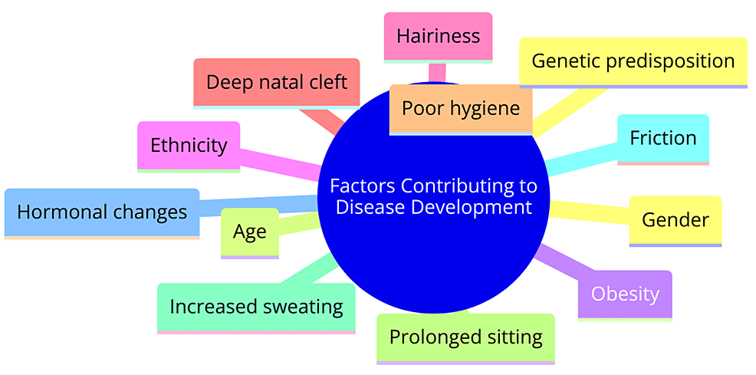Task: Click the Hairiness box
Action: [x=438, y=38]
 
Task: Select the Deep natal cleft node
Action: [x=277, y=83]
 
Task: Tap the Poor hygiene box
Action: [x=461, y=110]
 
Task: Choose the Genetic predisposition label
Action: [x=633, y=62]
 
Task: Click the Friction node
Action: [x=663, y=140]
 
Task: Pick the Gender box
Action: [x=675, y=221]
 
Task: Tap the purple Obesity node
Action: [x=625, y=295]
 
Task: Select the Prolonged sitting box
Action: [x=465, y=338]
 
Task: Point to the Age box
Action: [x=250, y=233]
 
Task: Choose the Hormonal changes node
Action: [x=102, y=213]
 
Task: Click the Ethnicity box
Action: [x=189, y=146]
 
